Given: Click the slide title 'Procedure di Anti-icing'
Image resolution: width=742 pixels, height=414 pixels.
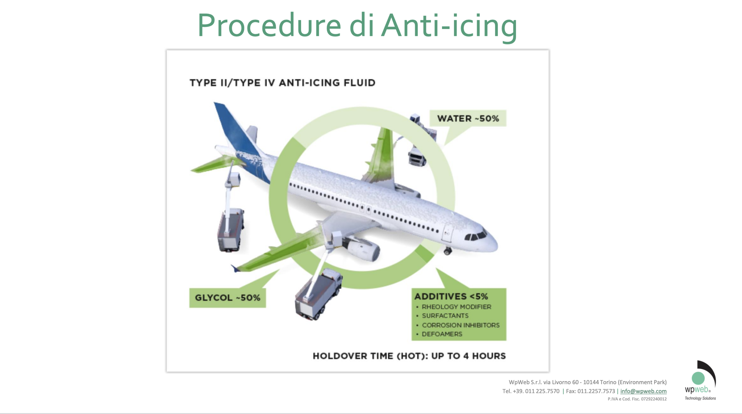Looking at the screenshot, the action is pyautogui.click(x=357, y=26).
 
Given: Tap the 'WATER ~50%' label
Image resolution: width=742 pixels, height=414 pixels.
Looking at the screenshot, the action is pyautogui.click(x=468, y=118).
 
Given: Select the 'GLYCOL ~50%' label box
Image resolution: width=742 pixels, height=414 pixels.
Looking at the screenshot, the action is pyautogui.click(x=228, y=298).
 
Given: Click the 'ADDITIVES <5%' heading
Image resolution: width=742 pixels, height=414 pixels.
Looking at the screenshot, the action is pyautogui.click(x=451, y=296).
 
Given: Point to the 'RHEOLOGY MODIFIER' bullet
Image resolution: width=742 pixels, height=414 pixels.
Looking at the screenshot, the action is pyautogui.click(x=456, y=307).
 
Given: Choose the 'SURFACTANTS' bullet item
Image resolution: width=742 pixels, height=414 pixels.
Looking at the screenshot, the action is pyautogui.click(x=445, y=316).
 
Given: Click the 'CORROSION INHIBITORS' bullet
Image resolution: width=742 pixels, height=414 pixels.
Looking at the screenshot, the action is pyautogui.click(x=460, y=325).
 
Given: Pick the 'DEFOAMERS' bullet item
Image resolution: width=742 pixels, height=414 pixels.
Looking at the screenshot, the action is pyautogui.click(x=442, y=334).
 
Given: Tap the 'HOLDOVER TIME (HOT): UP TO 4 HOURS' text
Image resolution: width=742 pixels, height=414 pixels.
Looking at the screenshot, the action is pyautogui.click(x=409, y=356).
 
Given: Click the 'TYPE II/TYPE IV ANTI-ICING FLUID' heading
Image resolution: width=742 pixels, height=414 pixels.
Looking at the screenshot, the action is pyautogui.click(x=283, y=83).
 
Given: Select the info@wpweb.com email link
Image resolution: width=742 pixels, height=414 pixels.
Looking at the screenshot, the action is pyautogui.click(x=643, y=391).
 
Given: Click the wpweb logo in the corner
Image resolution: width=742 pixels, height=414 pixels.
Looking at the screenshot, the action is pyautogui.click(x=700, y=381).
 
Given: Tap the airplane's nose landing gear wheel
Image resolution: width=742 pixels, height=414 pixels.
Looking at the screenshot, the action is pyautogui.click(x=448, y=252).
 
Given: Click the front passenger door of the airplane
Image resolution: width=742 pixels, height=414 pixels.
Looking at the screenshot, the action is pyautogui.click(x=447, y=233).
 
